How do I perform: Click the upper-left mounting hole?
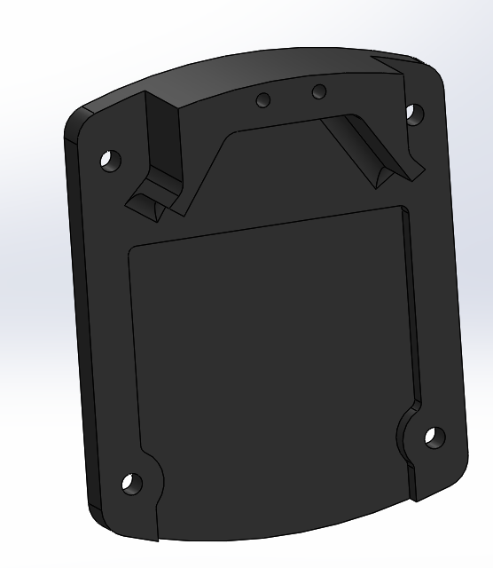pos(110,161)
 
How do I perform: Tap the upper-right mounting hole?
pos(412,113)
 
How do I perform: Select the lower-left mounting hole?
pos(131,484)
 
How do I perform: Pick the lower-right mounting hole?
pos(434,438)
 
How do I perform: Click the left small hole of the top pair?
pos(263,100)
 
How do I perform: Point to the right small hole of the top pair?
pos(319,91)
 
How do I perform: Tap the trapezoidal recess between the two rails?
pos(266,169)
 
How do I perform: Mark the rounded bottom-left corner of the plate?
pos(99,515)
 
